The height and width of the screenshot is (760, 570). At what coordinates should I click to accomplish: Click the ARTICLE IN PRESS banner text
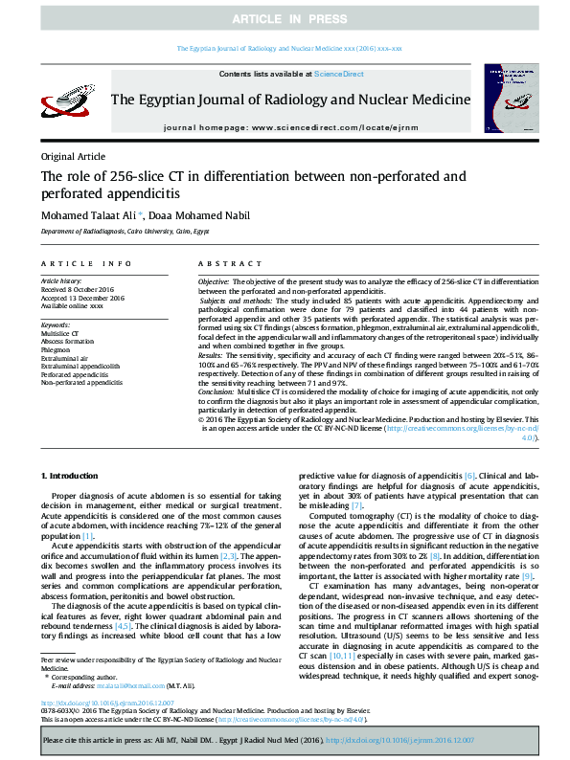click(x=285, y=19)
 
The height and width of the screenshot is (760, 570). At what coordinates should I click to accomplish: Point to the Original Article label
click(x=73, y=157)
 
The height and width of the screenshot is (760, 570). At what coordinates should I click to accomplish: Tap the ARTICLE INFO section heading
click(x=86, y=262)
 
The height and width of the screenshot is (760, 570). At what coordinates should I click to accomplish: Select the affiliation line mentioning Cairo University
click(x=124, y=232)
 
